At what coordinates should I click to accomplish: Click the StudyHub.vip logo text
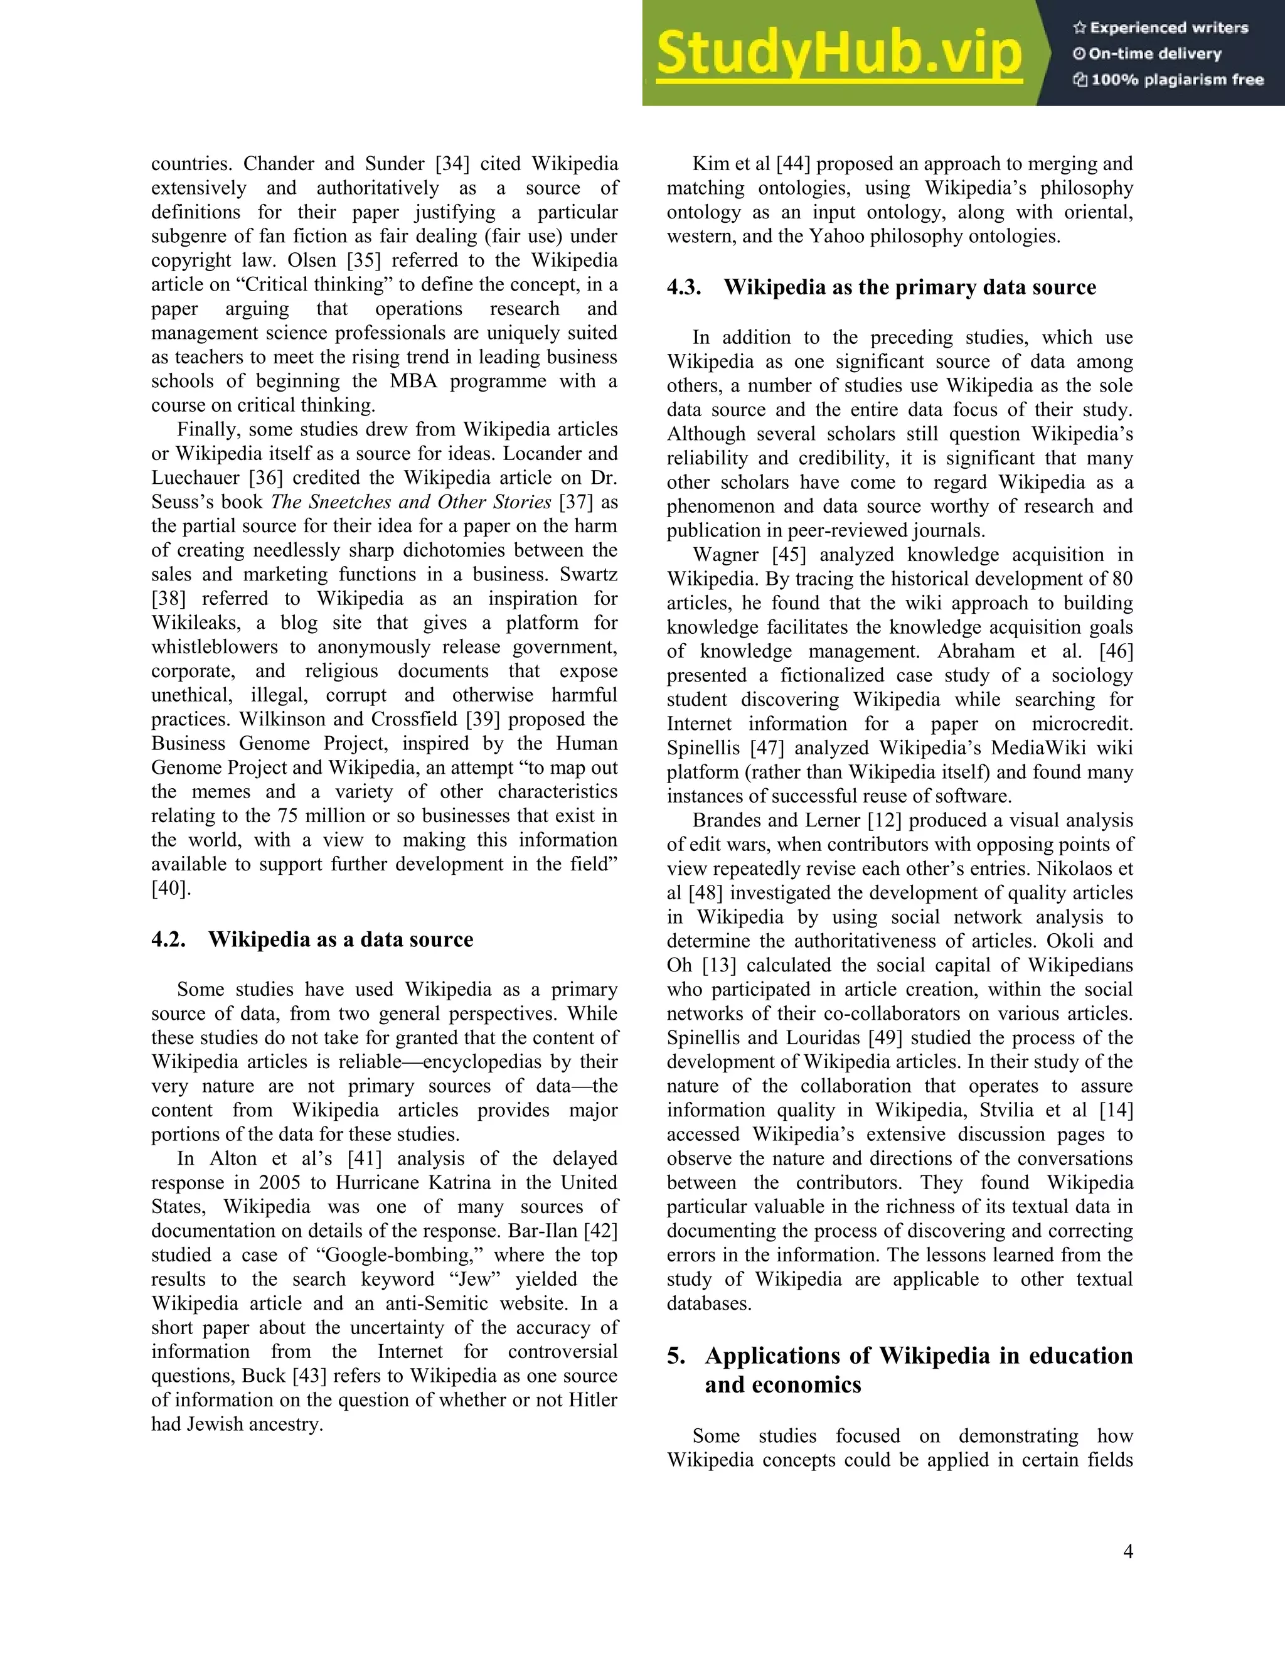pyautogui.click(x=838, y=53)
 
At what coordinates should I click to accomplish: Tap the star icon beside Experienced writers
pyautogui.click(x=1079, y=28)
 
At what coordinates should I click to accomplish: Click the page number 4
pyautogui.click(x=1128, y=1551)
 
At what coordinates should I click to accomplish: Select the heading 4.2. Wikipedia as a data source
pyautogui.click(x=312, y=939)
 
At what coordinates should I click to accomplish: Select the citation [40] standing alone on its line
pyautogui.click(x=171, y=888)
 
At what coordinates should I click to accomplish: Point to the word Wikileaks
pyautogui.click(x=196, y=623)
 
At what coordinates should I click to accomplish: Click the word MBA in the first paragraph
pyautogui.click(x=414, y=381)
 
